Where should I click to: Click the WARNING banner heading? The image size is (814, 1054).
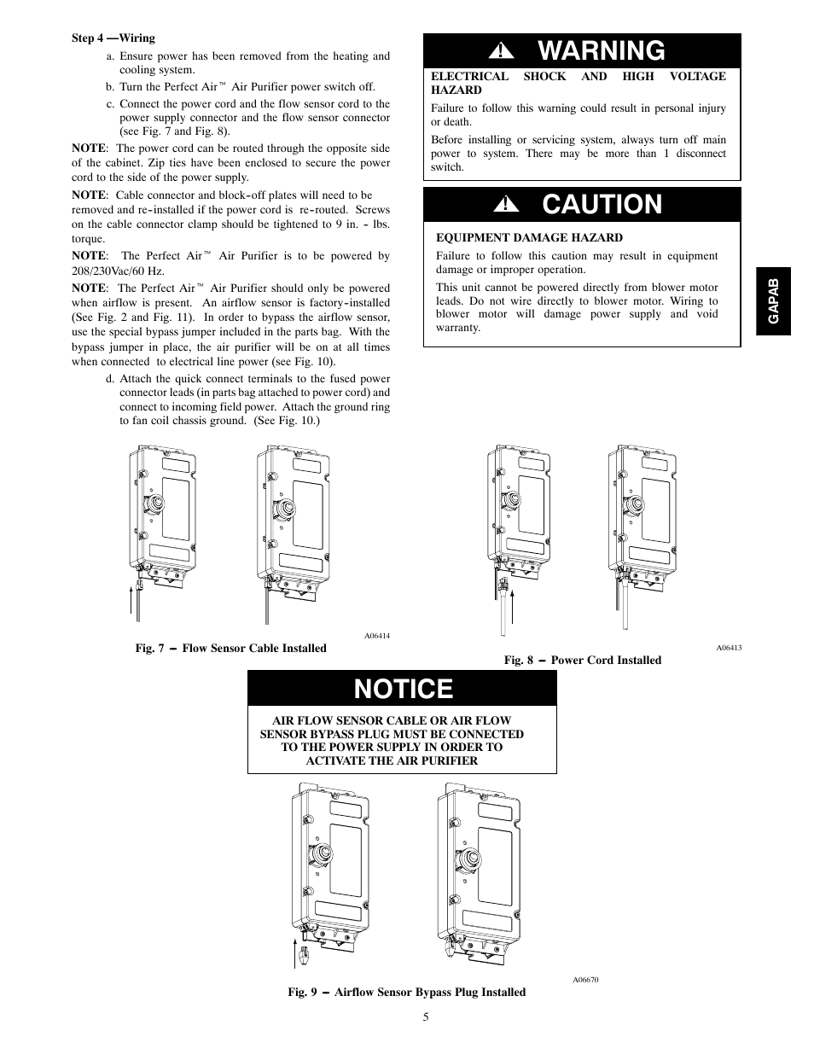coord(602,51)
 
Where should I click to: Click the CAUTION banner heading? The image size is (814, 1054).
coord(602,205)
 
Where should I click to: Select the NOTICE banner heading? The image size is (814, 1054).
coord(404,689)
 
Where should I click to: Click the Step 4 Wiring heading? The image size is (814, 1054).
coord(113,38)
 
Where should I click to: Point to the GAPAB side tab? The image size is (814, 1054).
coord(773,300)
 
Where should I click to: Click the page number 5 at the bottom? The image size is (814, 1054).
coord(424,1016)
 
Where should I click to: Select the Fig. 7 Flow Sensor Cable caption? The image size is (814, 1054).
coord(230,649)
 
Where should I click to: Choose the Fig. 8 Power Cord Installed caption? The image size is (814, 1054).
coord(582,661)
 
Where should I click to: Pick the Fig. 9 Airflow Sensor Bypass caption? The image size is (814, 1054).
coord(406,993)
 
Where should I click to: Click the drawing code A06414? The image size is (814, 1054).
coord(377,636)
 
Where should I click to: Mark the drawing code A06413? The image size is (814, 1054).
coord(729,648)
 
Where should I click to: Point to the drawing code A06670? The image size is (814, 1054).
coord(585,980)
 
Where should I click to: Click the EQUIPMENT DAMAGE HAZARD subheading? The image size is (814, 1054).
coord(529,238)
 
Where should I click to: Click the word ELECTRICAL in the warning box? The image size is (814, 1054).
coord(469,76)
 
